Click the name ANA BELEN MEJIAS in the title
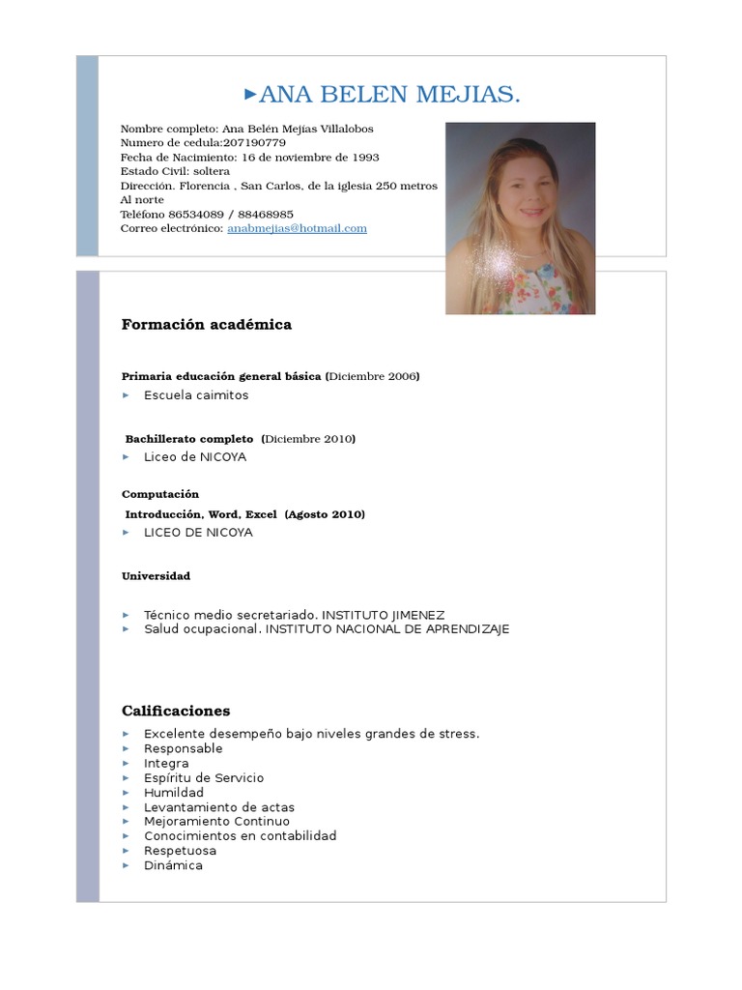coord(389,94)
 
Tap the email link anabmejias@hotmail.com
coord(297,228)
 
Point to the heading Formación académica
coord(206,325)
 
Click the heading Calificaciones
coord(176,711)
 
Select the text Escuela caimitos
coord(196,395)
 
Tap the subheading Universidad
coord(156,576)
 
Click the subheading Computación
coord(160,494)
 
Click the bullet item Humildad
coord(174,793)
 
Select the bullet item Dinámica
coord(173,865)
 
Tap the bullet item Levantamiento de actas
coord(219,807)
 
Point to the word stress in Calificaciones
coord(458,734)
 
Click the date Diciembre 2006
coord(373,376)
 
